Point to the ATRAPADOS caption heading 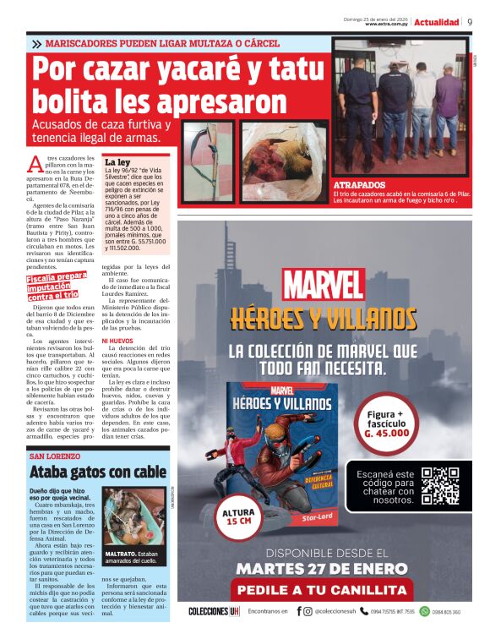point(359,184)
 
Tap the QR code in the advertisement point(440,485)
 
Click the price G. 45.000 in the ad point(387,433)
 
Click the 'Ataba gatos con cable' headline point(97,472)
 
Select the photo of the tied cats point(134,514)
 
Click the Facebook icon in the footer point(299,611)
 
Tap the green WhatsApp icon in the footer point(424,611)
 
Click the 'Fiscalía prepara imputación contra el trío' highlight point(57,287)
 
